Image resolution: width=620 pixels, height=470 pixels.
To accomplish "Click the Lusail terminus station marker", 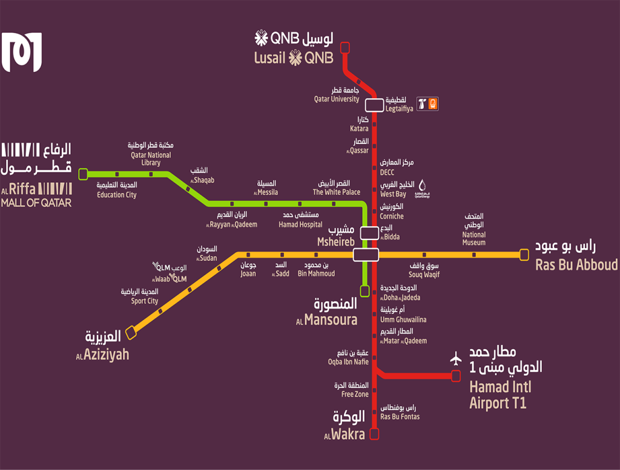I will point(345,47).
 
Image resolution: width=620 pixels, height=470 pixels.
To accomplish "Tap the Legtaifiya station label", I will point(400,105).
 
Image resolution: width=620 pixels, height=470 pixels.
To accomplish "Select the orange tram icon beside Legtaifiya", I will point(432,104).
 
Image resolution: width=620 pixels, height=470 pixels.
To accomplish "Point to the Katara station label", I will point(359,125).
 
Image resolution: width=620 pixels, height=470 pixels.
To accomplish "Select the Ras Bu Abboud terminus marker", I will point(524,255).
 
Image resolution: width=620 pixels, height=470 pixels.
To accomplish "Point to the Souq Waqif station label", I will point(424,270).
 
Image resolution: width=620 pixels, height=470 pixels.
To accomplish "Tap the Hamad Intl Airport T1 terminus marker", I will point(456,376).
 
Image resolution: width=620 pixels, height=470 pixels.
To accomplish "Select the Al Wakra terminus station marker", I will point(374,433).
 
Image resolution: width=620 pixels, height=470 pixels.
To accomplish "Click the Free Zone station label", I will point(355,390).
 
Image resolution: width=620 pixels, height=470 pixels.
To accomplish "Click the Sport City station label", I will point(145,296).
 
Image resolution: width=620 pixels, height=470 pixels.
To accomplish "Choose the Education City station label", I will point(117,190).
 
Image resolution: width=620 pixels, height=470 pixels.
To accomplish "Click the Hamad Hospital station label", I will point(300,220).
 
